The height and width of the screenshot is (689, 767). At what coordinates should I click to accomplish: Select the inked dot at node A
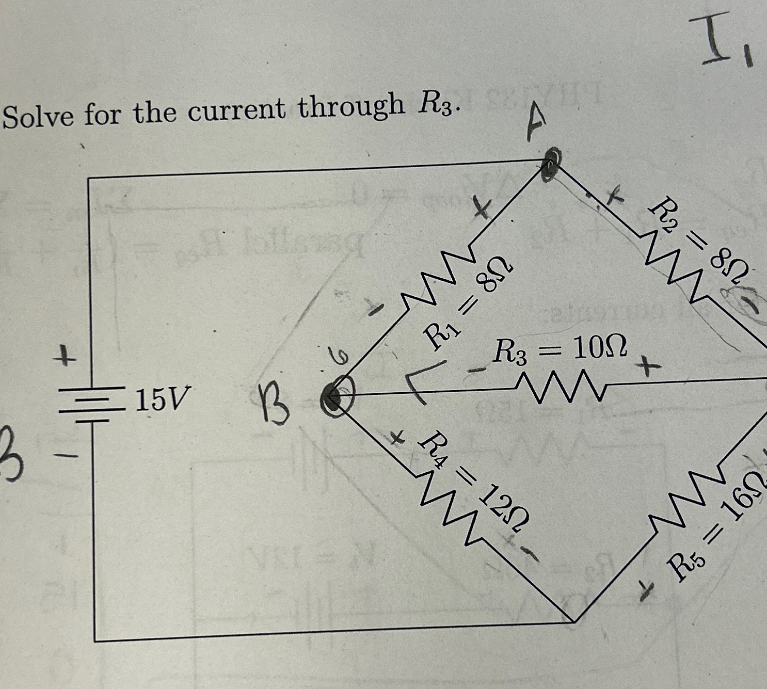pos(549,164)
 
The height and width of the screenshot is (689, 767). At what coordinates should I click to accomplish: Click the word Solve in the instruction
pos(39,117)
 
